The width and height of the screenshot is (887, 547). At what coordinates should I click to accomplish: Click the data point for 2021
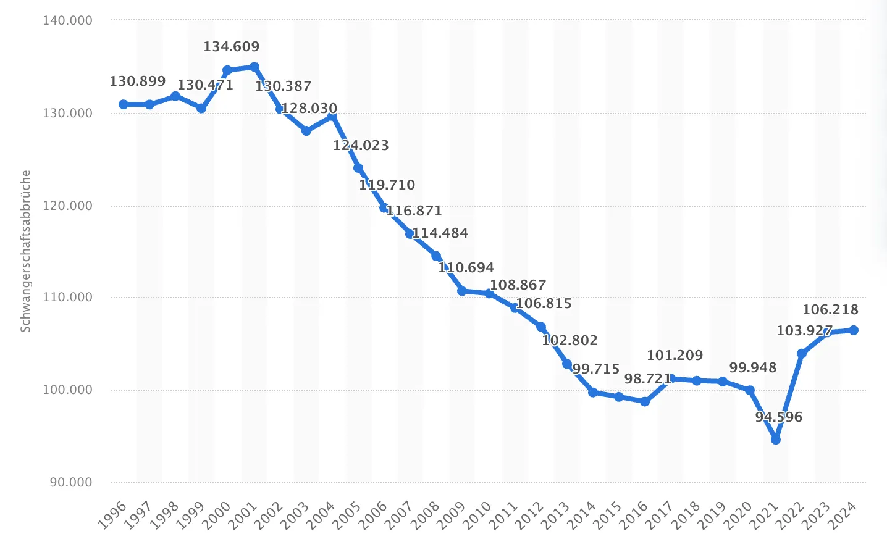776,440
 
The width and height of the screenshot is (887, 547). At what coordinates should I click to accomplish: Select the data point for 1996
124,104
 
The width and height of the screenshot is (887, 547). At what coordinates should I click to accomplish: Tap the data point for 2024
854,330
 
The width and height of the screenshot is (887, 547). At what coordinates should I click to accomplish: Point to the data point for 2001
254,67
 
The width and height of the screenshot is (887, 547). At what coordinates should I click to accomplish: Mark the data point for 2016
645,401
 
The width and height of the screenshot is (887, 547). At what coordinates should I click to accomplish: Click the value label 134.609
232,47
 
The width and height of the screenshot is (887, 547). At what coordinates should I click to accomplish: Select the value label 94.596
779,417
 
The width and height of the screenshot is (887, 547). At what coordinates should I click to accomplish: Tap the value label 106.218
830,310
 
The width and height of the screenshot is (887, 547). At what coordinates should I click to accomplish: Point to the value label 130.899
138,81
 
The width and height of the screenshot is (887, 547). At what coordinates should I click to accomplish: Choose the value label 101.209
675,356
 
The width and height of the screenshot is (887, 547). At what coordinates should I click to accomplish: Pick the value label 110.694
466,268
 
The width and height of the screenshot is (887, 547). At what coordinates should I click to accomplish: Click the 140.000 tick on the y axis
67,20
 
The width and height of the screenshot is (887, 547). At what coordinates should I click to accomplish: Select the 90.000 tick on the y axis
70,482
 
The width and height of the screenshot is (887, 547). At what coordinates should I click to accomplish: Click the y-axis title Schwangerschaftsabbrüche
25,251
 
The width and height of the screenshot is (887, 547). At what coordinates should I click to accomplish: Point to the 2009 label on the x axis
451,516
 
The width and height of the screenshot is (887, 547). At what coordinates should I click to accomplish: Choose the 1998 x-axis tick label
166,516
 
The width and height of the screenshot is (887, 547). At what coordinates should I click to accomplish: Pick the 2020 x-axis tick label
737,516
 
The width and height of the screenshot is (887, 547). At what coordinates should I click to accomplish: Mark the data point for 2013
567,364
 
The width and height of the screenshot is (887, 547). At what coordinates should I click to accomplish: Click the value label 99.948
753,368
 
